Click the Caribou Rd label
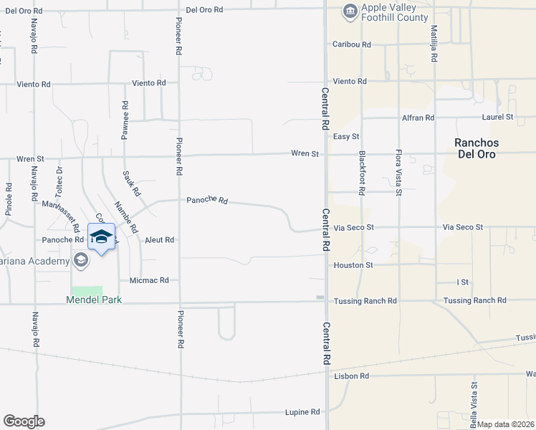[351, 44]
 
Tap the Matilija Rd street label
[434, 44]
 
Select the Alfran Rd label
[418, 118]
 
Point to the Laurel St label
[499, 116]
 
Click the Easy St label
[345, 136]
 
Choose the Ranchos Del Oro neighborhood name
[477, 148]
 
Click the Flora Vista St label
[398, 173]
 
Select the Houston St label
[353, 265]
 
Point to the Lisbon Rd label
[351, 376]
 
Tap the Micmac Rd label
[149, 280]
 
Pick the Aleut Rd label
[159, 240]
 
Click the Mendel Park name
[94, 300]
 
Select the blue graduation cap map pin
[101, 238]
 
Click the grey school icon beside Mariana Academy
[81, 260]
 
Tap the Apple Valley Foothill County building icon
[350, 11]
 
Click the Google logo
[24, 421]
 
